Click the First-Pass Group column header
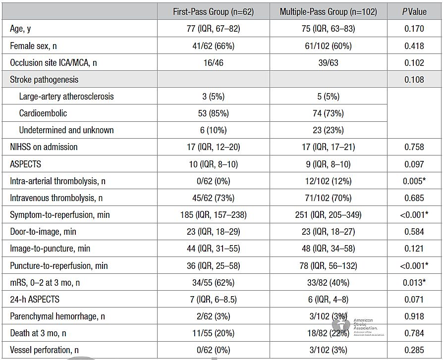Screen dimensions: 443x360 (x=213, y=12)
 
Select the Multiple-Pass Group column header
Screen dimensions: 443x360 (x=329, y=12)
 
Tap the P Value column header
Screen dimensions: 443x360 (x=414, y=12)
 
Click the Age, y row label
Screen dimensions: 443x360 (x=20, y=29)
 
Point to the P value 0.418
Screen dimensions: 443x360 (x=414, y=46)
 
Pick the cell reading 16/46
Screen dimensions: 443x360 (x=213, y=63)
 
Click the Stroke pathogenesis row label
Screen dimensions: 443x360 (x=44, y=80)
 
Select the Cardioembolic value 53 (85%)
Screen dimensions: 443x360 (x=213, y=113)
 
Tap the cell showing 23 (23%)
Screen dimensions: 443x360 (x=329, y=130)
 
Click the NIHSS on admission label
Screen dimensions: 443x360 (x=44, y=147)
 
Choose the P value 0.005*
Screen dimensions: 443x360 (x=414, y=181)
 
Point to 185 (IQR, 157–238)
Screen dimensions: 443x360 (x=213, y=215)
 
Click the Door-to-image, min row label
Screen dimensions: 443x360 (x=43, y=232)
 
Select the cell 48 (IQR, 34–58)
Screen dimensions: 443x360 (x=329, y=249)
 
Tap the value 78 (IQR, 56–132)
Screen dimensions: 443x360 (x=329, y=266)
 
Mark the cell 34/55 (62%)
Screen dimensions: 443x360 (x=213, y=282)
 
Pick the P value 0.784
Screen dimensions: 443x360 (x=414, y=333)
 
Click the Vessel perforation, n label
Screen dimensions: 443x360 (x=45, y=350)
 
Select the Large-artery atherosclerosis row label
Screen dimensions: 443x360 (x=66, y=97)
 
